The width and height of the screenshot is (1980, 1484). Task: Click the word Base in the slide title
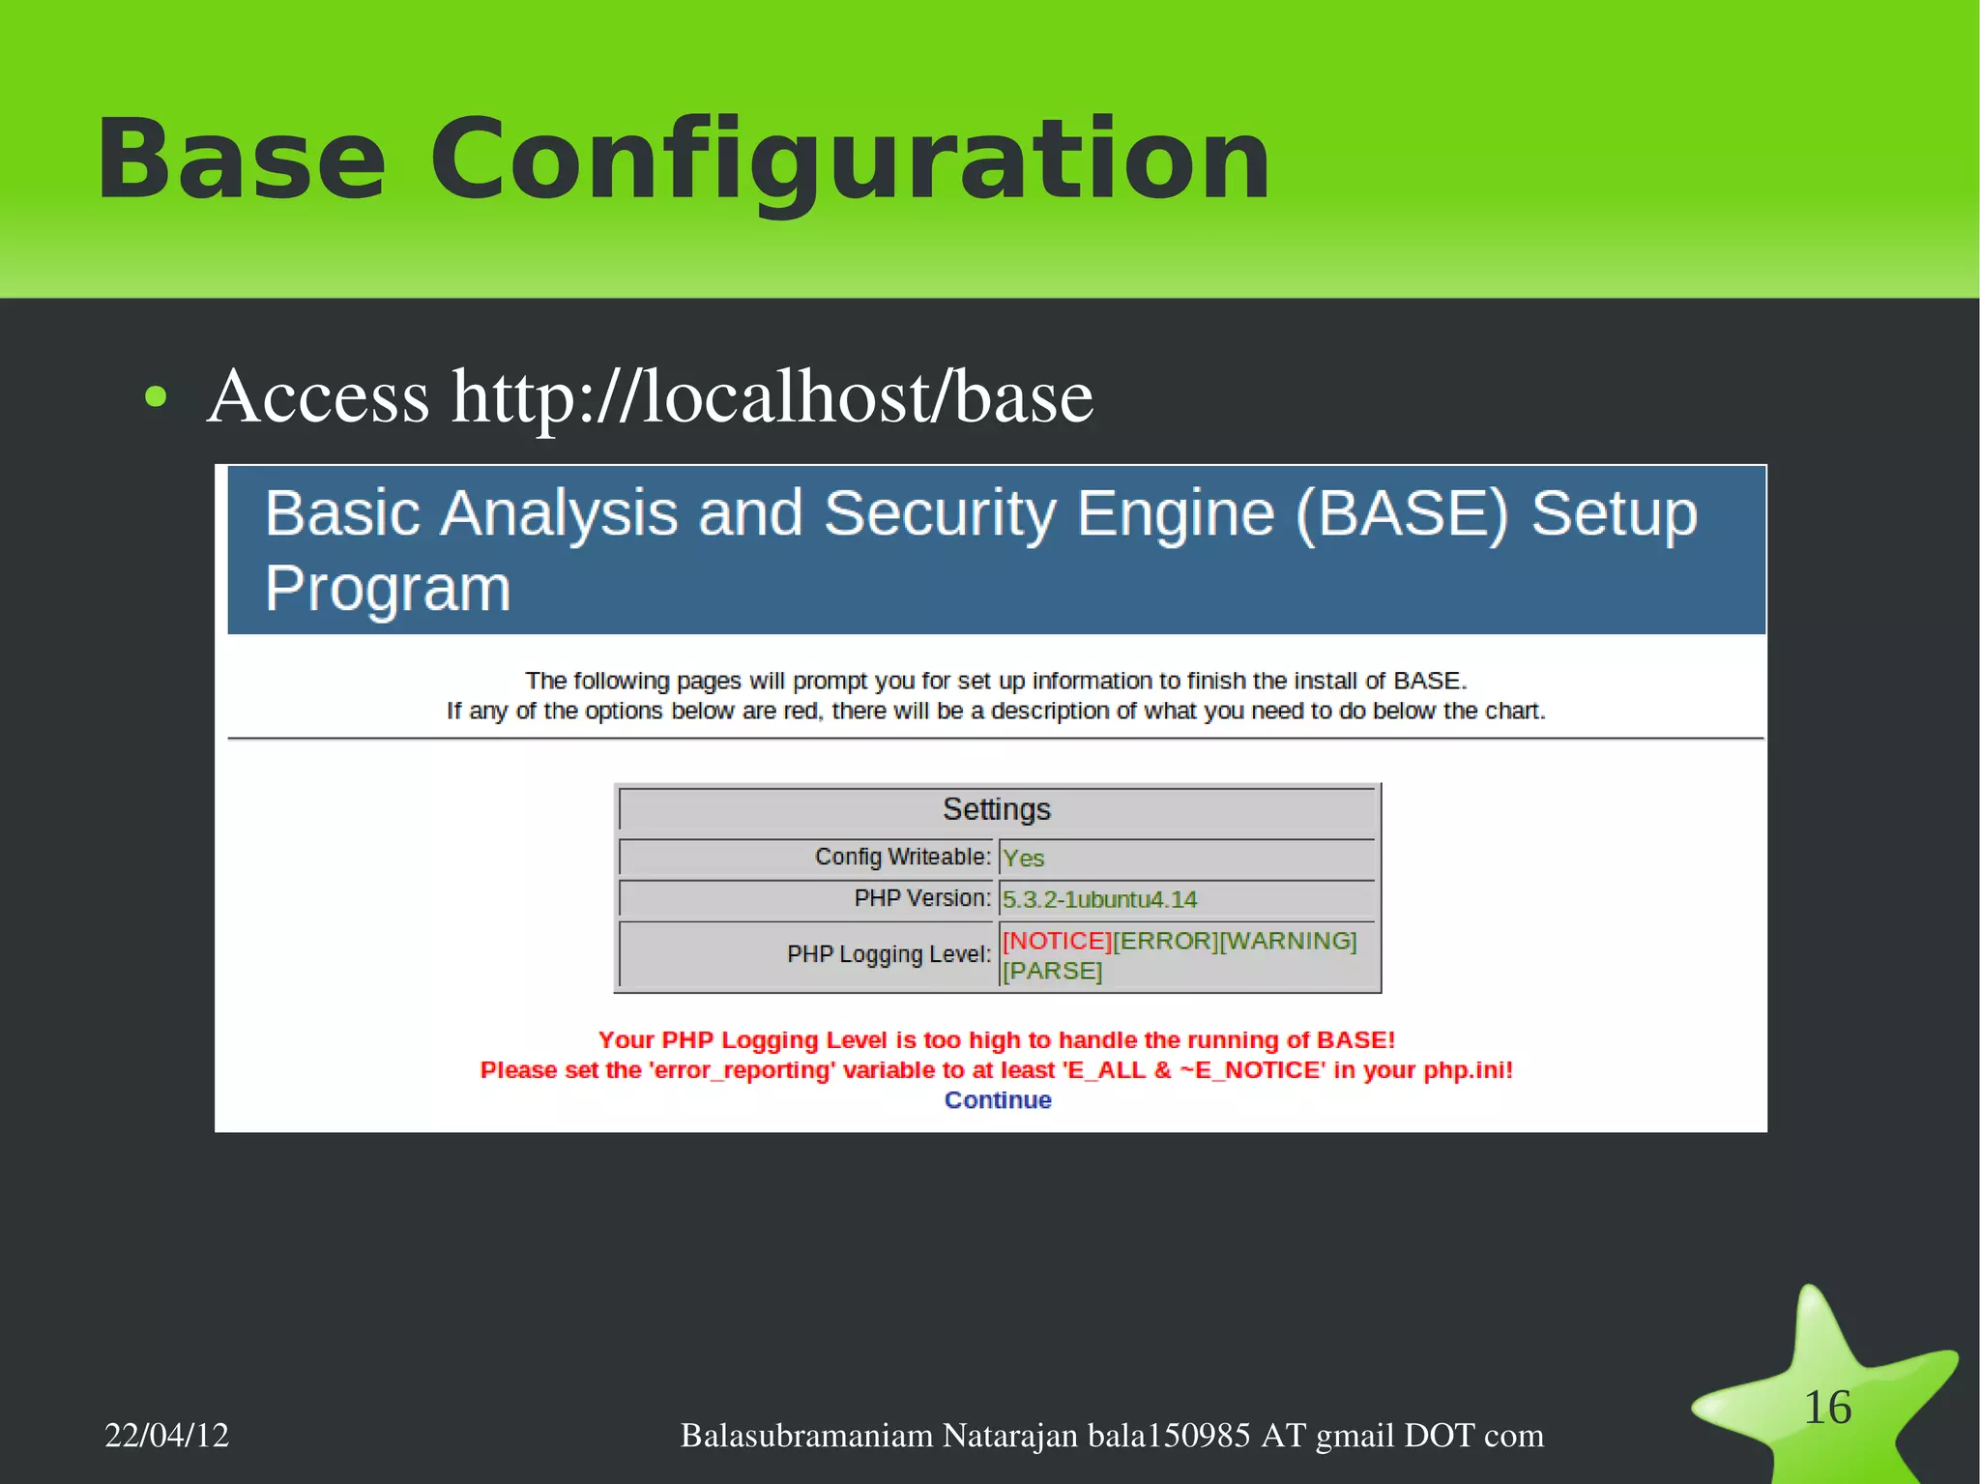pos(241,160)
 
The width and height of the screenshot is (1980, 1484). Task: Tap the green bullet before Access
pos(156,396)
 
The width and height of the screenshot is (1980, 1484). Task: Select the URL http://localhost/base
pos(772,396)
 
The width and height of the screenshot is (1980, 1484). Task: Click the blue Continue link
pos(997,1100)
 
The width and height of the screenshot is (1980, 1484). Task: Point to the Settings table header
pos(996,809)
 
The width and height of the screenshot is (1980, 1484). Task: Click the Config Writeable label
pos(902,857)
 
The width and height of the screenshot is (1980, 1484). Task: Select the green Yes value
pos(1023,858)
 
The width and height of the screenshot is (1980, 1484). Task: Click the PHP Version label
pos(921,898)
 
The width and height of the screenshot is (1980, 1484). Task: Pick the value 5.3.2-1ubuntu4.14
pos(1099,900)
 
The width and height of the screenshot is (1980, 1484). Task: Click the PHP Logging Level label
pos(888,954)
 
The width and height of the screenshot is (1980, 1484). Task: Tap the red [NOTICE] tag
pos(1057,941)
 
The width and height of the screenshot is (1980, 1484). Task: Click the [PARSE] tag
pos(1052,971)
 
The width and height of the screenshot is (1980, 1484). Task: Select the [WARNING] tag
pos(1288,941)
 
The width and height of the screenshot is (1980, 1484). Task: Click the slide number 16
pos(1826,1407)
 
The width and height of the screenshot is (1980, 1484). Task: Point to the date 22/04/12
pos(166,1435)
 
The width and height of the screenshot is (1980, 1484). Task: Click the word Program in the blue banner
pos(388,589)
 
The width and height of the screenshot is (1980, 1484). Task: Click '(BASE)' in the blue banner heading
pos(1401,513)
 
